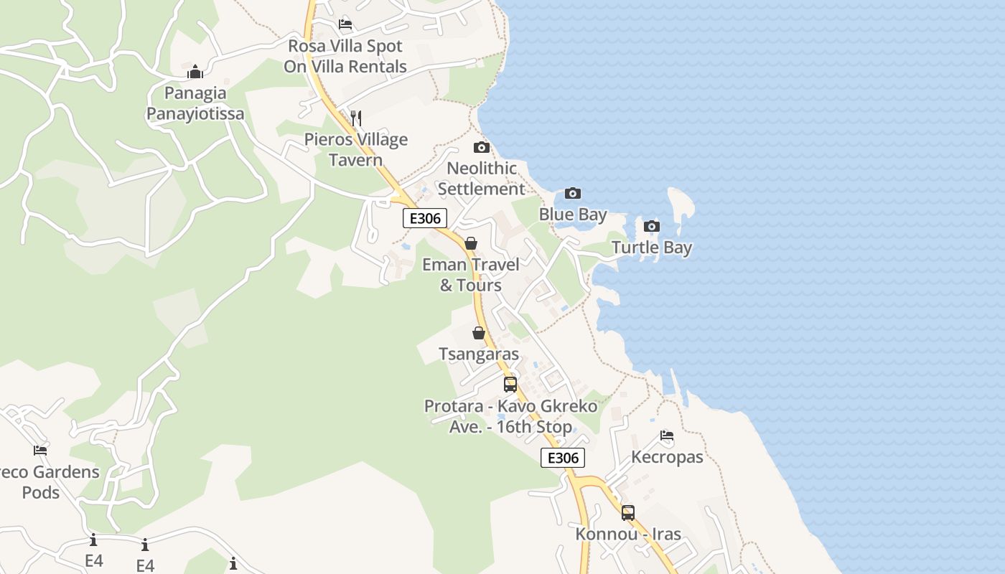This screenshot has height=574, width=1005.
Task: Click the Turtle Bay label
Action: [652, 248]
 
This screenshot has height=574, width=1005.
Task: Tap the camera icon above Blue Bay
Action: [572, 193]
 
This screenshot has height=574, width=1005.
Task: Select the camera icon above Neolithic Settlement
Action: [482, 148]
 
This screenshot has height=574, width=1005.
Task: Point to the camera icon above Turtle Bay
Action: [651, 227]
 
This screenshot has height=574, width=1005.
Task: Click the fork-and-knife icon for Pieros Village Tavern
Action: [355, 118]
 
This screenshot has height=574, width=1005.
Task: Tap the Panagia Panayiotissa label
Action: [195, 103]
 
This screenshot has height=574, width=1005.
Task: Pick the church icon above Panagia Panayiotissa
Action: [195, 72]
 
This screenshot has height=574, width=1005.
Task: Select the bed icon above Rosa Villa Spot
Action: [345, 24]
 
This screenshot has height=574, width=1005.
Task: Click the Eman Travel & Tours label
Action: [471, 275]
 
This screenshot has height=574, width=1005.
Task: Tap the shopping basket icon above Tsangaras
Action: [479, 334]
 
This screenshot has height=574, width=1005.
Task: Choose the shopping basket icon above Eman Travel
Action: [471, 244]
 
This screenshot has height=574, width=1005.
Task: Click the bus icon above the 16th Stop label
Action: [510, 385]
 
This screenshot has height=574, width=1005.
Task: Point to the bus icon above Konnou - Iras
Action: [628, 513]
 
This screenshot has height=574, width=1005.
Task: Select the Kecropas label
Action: [667, 457]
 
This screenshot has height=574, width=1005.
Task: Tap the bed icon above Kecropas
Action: [667, 436]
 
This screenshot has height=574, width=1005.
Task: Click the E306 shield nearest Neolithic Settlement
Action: [425, 219]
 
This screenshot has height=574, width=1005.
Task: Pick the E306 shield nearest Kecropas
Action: [563, 458]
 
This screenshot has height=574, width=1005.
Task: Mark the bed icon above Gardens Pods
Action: [40, 451]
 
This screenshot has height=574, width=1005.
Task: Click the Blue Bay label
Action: [573, 215]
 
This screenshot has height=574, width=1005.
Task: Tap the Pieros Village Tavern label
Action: [356, 149]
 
